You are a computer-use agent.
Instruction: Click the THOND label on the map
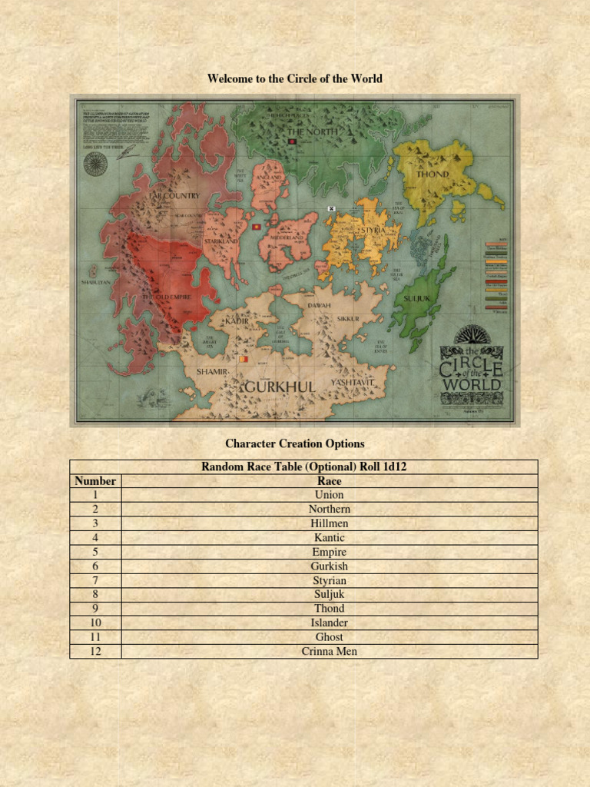coord(432,174)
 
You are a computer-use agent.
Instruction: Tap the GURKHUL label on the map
coord(280,387)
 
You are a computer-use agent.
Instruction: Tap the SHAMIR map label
coord(211,371)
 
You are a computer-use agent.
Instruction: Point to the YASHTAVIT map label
coord(352,381)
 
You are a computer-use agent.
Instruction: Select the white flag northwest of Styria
coord(332,208)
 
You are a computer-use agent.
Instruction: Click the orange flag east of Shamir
coord(244,358)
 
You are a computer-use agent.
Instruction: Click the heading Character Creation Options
coord(295,443)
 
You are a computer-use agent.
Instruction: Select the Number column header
coord(95,481)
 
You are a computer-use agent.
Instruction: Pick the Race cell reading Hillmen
coord(330,523)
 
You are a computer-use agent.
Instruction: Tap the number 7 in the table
coord(95,580)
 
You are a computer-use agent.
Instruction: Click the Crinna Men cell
coord(330,652)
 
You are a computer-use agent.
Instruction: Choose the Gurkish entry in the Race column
coord(330,566)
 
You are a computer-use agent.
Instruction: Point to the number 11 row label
coord(95,637)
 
